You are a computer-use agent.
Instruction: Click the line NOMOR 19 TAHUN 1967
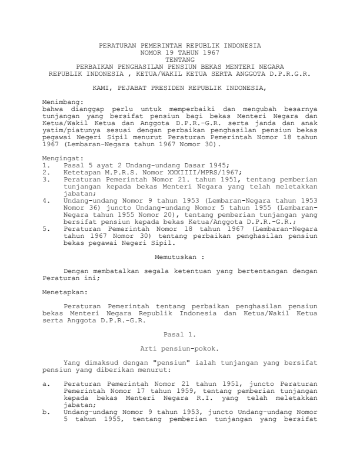click(180, 52)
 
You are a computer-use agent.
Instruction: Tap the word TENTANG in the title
click(180, 59)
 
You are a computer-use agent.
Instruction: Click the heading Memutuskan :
click(179, 257)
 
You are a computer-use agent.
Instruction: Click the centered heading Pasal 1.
click(179, 335)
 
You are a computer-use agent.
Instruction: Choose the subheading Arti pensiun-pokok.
click(179, 349)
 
